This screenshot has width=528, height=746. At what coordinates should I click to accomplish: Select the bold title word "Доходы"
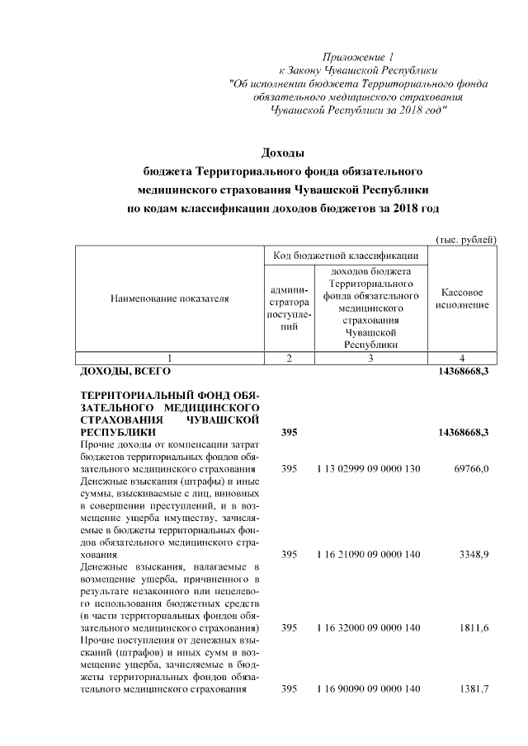click(282, 152)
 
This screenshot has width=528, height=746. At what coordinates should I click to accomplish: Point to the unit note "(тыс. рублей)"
click(465, 239)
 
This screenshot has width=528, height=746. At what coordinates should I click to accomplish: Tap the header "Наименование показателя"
click(169, 299)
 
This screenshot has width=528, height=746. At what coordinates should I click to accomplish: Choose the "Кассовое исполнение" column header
click(462, 299)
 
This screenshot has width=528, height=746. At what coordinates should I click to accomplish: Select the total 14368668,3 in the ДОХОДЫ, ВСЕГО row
click(462, 372)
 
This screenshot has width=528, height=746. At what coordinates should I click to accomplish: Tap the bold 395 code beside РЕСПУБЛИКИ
click(288, 432)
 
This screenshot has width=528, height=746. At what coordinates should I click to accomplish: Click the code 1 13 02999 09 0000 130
click(368, 468)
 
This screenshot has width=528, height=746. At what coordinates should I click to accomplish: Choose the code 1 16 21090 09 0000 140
click(368, 555)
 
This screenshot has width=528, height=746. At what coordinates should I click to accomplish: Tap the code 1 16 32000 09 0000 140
click(368, 628)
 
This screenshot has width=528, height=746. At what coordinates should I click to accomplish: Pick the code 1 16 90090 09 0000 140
click(368, 688)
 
